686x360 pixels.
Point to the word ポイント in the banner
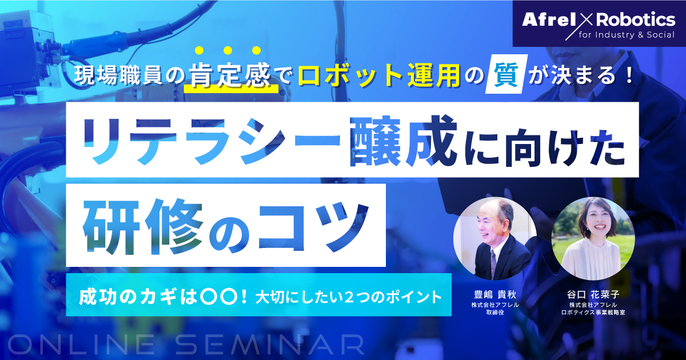(417, 297)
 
